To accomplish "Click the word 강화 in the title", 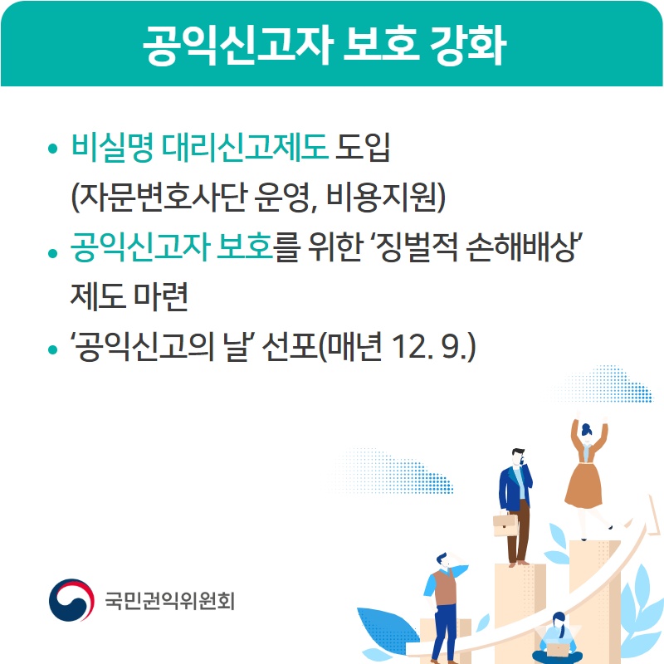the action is pos(467,45).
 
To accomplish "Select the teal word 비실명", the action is pos(112,148).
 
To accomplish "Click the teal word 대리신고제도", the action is pos(245,148).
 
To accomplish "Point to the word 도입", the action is pos(363,148).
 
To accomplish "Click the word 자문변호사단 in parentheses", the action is pos(163,198).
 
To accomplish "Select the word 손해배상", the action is pos(522,247).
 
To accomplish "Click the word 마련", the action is pos(160,296).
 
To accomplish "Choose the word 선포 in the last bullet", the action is pos(290,346).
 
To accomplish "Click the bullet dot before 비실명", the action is pos(52,149).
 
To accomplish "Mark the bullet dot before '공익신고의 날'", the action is pos(52,349).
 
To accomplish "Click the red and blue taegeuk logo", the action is pos(71,600).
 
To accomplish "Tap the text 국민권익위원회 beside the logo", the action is pos(170,600).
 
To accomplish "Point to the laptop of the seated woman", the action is pos(559,649).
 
